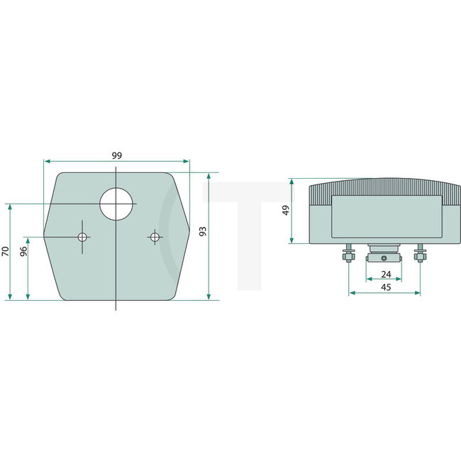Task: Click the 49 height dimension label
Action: [x=286, y=211]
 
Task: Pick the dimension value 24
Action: [x=387, y=274]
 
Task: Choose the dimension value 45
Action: [x=387, y=287]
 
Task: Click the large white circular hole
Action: [x=116, y=204]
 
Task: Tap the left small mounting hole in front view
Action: [x=83, y=236]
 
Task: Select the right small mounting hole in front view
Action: [x=154, y=236]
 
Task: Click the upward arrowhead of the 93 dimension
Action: [x=209, y=175]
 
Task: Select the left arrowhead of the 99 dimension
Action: [x=47, y=161]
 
